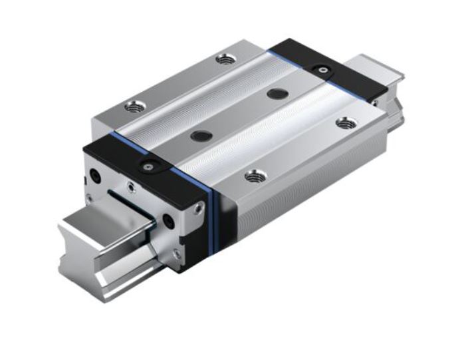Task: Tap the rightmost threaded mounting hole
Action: point(344,123)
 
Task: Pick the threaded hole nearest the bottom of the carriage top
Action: point(253,176)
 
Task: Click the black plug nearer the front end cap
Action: point(197,136)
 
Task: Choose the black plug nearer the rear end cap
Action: point(274,94)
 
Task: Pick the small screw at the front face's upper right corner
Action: point(198,209)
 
